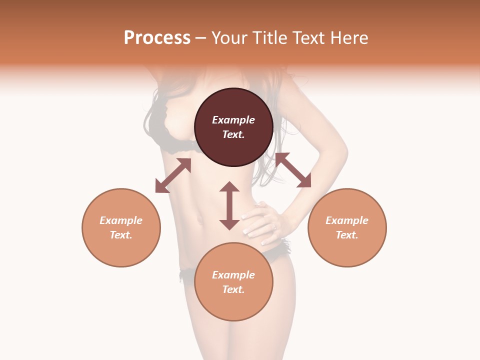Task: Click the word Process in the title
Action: (x=157, y=38)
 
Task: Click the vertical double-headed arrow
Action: (x=229, y=205)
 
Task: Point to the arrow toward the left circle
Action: (x=173, y=175)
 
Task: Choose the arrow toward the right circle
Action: (x=293, y=170)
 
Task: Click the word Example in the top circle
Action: (x=233, y=120)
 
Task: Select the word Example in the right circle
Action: (x=347, y=220)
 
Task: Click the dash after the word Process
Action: (x=200, y=38)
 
